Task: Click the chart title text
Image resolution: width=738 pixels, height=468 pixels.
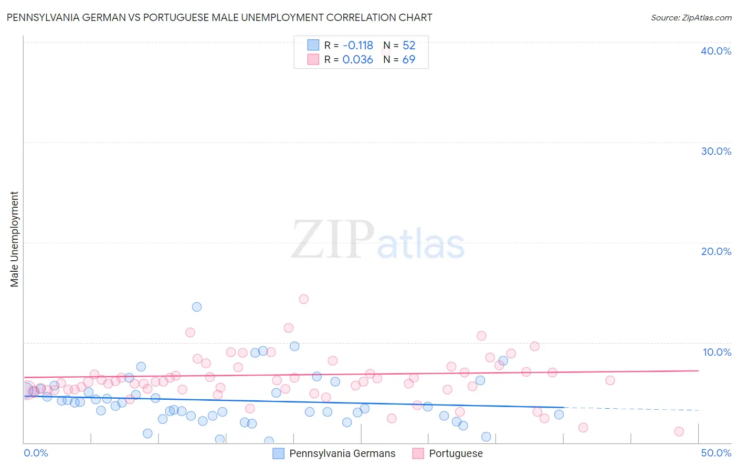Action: click(x=219, y=17)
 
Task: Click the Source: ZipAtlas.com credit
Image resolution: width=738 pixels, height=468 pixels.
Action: click(x=691, y=17)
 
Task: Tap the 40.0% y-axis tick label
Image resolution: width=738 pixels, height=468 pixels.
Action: click(x=716, y=51)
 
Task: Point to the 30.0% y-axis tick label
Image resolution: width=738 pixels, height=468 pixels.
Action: click(x=716, y=151)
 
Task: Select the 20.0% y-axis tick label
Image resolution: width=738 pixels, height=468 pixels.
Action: click(x=716, y=251)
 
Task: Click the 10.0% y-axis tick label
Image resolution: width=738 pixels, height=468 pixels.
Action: click(x=716, y=352)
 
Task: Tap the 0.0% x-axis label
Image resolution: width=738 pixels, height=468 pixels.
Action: click(x=36, y=453)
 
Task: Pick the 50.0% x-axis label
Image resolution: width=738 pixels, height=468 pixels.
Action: click(x=716, y=453)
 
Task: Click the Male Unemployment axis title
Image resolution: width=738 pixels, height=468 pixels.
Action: click(x=14, y=239)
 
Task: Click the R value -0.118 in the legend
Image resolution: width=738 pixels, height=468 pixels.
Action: click(x=357, y=46)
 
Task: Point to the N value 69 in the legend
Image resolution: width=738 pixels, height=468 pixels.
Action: click(x=408, y=60)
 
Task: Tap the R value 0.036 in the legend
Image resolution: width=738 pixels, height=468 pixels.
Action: click(x=357, y=60)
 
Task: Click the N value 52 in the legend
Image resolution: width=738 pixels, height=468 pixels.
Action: click(x=409, y=46)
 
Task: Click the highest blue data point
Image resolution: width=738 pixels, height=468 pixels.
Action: click(x=197, y=307)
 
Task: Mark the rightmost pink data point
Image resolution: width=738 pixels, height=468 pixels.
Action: click(x=679, y=431)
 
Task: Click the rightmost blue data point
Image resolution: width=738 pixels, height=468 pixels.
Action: click(x=559, y=414)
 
